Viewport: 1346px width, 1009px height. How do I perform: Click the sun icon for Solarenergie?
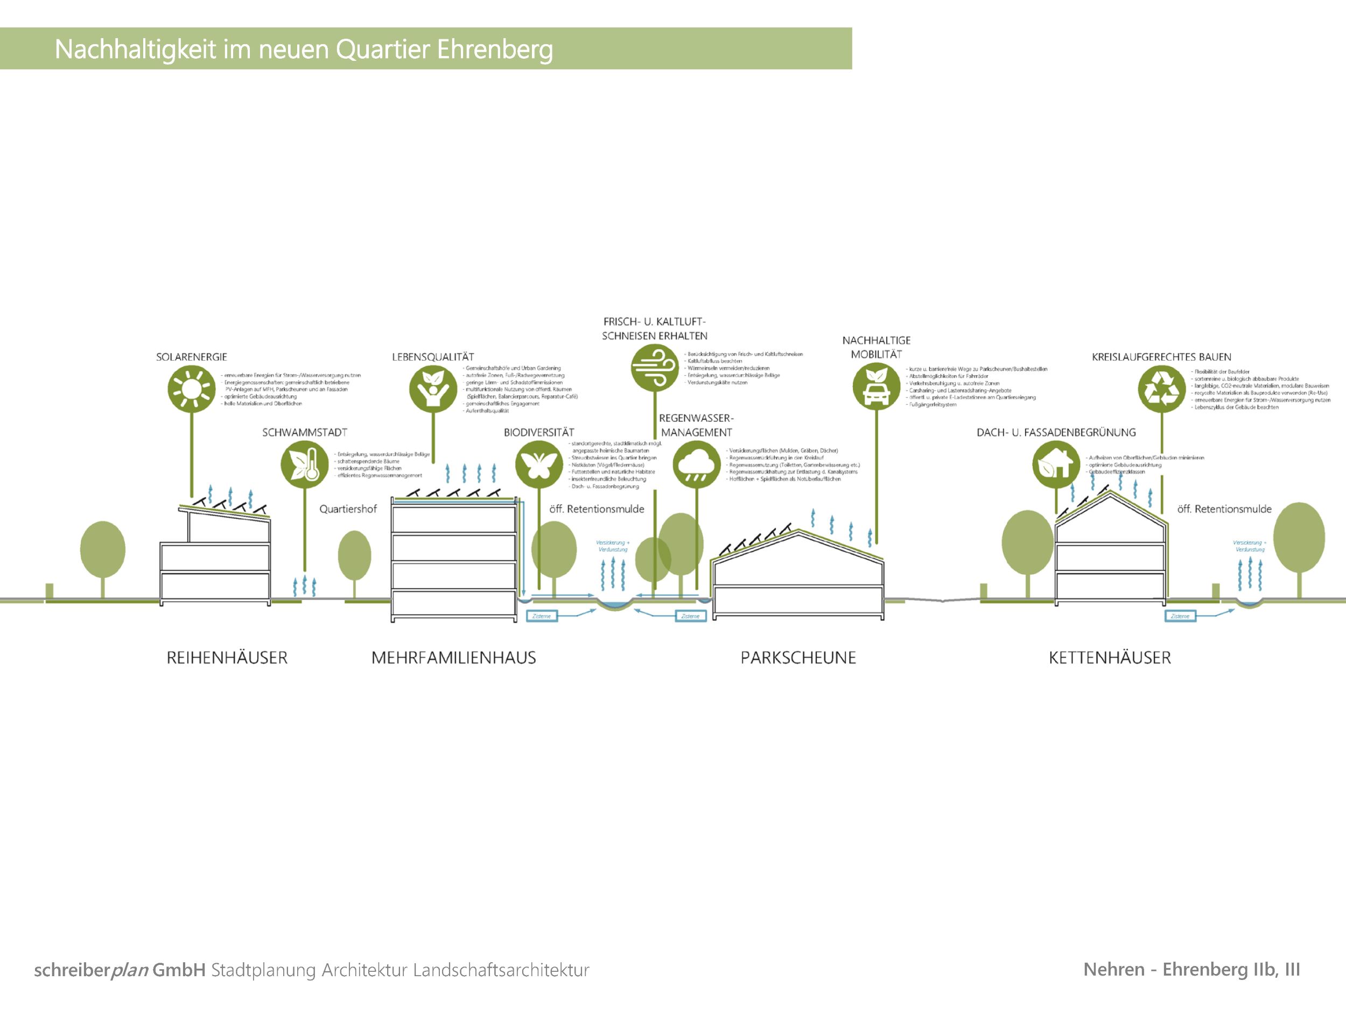192,389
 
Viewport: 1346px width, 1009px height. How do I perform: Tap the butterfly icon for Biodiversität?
538,464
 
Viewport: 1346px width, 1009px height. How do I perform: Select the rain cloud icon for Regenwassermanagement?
697,464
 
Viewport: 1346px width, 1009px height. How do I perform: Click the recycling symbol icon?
1162,389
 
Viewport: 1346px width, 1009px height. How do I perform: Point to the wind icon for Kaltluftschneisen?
655,367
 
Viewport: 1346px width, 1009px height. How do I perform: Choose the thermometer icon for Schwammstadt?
304,464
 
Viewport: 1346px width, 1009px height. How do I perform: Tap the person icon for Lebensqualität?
433,389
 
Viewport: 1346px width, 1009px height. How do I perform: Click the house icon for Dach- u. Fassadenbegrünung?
1056,464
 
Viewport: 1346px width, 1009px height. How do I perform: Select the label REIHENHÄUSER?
227,658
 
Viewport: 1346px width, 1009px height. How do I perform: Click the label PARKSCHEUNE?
798,658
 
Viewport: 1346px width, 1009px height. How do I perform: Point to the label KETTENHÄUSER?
1109,658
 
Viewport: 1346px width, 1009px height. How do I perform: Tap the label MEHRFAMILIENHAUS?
453,658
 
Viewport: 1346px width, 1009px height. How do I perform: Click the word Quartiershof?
348,509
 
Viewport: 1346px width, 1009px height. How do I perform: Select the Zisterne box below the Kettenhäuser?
1180,616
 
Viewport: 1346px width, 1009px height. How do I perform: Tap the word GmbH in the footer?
179,970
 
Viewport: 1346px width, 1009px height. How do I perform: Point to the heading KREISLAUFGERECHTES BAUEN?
1161,357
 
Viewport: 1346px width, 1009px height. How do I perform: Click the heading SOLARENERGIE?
191,357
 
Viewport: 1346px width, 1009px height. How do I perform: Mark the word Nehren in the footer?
1113,970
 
